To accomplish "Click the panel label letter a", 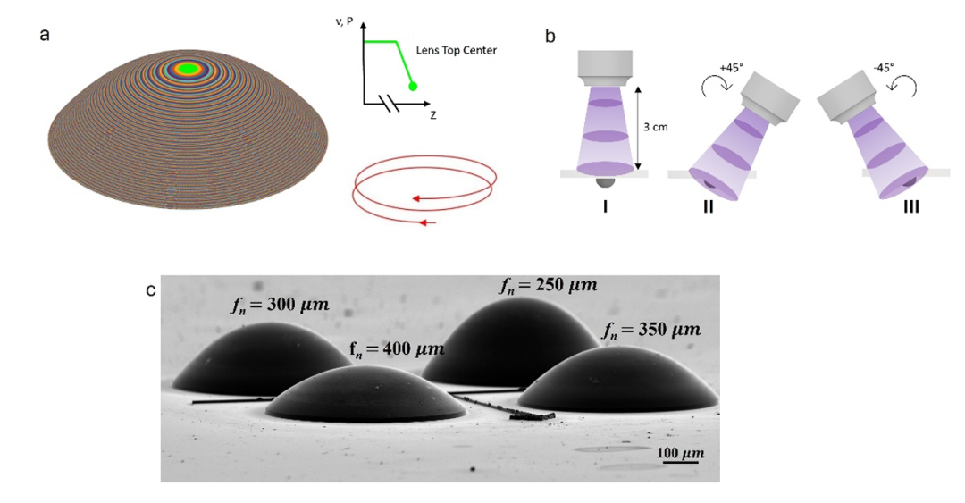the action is click(x=44, y=36).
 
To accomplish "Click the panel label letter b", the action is click(x=550, y=37).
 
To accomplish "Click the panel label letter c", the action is click(x=151, y=290).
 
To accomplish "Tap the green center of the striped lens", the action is click(x=188, y=68).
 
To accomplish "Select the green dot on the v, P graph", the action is click(x=413, y=86).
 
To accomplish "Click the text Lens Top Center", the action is click(x=457, y=51).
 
